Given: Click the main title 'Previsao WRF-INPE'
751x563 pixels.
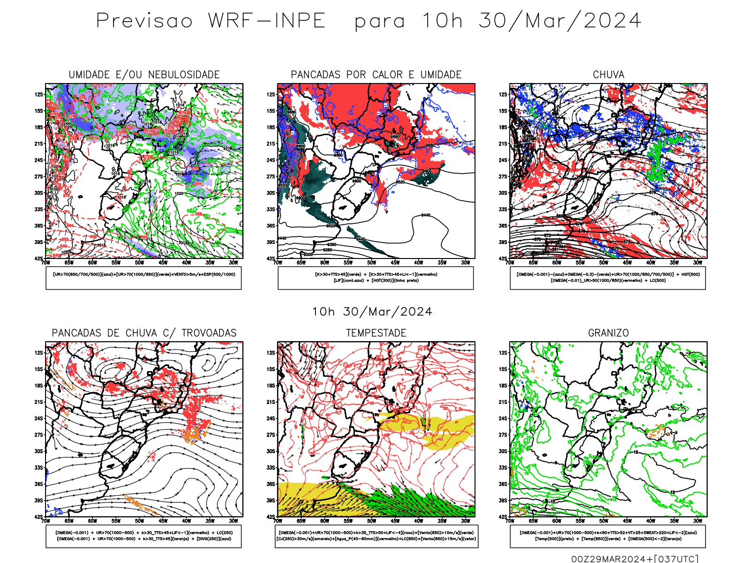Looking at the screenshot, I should click(211, 21).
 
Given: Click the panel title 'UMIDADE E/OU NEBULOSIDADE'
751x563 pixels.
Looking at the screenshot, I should click(144, 75).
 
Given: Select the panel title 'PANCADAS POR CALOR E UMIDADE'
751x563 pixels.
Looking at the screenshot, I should click(376, 75).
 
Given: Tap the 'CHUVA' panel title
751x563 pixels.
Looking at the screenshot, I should click(608, 75).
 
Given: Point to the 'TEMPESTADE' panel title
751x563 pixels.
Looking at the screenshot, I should click(376, 333).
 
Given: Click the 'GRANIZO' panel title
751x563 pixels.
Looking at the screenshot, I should click(608, 333).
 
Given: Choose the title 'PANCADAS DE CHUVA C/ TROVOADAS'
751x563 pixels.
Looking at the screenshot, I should click(144, 333).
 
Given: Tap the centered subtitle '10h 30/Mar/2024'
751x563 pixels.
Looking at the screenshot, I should click(372, 312).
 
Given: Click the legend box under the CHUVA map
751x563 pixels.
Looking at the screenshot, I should click(608, 278).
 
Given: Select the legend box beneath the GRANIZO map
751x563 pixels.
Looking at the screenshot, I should click(608, 536).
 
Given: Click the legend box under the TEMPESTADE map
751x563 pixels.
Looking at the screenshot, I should click(376, 536).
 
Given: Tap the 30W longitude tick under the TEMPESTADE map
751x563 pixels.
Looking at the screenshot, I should click(465, 521).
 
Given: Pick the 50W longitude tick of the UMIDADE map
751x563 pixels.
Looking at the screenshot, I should click(139, 263).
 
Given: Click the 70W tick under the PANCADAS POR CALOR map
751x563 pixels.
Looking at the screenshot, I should click(278, 263).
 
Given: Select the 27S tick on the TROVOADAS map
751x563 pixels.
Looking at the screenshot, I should click(38, 435).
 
